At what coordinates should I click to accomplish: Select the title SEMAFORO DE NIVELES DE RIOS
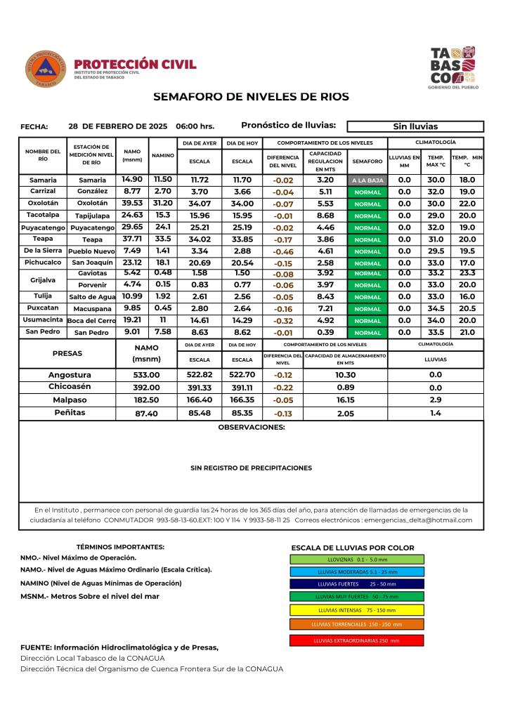point(251,96)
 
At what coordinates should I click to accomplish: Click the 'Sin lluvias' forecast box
point(415,127)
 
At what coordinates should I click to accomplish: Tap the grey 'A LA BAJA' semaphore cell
point(367,180)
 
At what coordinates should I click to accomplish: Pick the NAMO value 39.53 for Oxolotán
point(132,203)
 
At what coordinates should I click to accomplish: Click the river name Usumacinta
point(42,320)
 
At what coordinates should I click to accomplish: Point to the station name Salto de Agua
point(91,297)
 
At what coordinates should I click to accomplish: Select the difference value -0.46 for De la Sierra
point(283,251)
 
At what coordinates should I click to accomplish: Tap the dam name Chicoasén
point(70,387)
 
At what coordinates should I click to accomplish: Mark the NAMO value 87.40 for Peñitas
point(148,414)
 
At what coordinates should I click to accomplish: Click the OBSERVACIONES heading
point(252,427)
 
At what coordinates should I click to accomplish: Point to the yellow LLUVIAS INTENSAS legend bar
point(356,609)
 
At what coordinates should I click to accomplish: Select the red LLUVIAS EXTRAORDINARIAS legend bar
point(356,640)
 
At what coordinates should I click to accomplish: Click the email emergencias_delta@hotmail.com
point(419,520)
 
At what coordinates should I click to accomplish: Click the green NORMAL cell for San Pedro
point(367,333)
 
